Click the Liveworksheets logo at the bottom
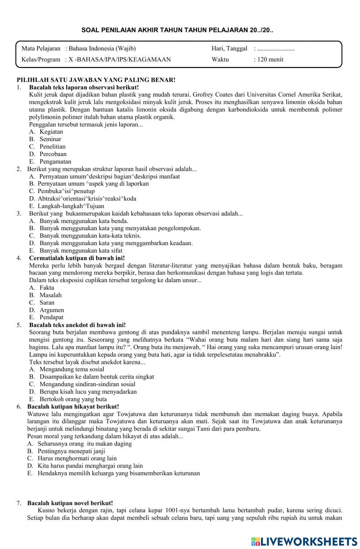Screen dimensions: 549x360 coord(304,541)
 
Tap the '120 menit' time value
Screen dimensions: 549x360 coord(270,59)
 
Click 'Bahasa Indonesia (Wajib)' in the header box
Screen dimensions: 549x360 coord(102,49)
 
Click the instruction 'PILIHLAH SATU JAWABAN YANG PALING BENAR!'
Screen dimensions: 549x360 coord(96,80)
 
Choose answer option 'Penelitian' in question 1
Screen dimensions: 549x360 coord(53,147)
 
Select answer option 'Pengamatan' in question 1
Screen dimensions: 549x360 coord(55,162)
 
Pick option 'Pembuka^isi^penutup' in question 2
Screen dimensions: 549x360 coord(66,191)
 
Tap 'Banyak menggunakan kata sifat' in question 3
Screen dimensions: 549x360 coord(81,251)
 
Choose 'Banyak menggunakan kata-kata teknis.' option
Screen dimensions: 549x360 coord(90,236)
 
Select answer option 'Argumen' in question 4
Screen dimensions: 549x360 coord(52,310)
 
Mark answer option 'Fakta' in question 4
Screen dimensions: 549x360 coord(47,287)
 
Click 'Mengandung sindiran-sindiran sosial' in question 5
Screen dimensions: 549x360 coord(87,384)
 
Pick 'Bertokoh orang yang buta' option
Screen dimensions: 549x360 coord(73,399)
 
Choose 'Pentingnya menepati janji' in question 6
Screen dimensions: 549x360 coord(71,451)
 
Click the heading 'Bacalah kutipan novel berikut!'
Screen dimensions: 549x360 coord(70,503)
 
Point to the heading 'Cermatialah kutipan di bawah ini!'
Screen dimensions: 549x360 coord(77,258)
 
